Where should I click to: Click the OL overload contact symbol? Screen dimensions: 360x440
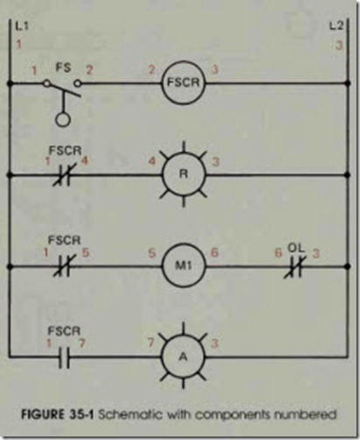pos(295,266)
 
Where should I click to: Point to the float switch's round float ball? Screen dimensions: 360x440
pos(63,119)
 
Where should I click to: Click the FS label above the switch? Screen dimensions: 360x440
pos(63,67)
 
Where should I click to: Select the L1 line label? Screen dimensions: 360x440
pos(22,26)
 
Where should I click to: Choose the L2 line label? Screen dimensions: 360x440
pos(336,26)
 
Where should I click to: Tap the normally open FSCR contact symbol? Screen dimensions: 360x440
pos(64,357)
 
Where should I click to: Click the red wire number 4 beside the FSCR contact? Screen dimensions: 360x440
pos(84,160)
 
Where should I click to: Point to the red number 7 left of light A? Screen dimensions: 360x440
pos(151,343)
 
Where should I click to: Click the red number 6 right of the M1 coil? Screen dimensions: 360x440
pos(215,252)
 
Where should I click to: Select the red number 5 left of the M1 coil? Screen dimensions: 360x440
pos(152,253)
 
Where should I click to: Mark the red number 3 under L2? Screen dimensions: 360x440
pos(339,46)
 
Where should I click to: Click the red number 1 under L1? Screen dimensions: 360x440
pos(19,45)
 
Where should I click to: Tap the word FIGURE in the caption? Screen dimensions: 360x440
pos(42,415)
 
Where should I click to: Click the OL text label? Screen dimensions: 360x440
pos(296,247)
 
